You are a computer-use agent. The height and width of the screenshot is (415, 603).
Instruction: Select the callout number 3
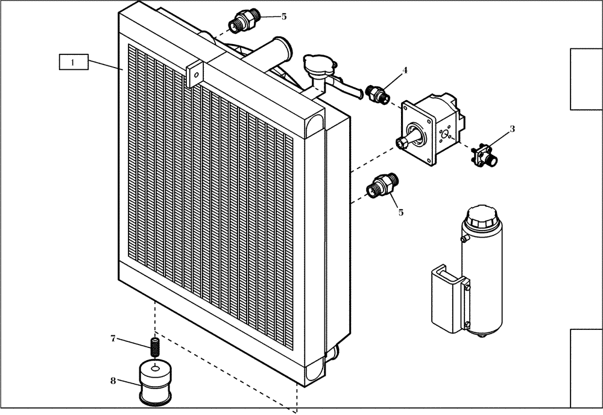512,128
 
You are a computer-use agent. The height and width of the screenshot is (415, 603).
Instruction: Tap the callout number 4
405,71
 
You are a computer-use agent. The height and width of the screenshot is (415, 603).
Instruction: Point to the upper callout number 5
284,16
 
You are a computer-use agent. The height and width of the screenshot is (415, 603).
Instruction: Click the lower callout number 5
400,212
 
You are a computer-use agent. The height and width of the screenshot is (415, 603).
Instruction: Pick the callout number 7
113,338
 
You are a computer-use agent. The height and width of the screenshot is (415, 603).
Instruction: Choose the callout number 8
113,381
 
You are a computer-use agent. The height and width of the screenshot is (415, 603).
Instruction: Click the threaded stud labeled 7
155,347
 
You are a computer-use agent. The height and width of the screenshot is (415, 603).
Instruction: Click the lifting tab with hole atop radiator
195,74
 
